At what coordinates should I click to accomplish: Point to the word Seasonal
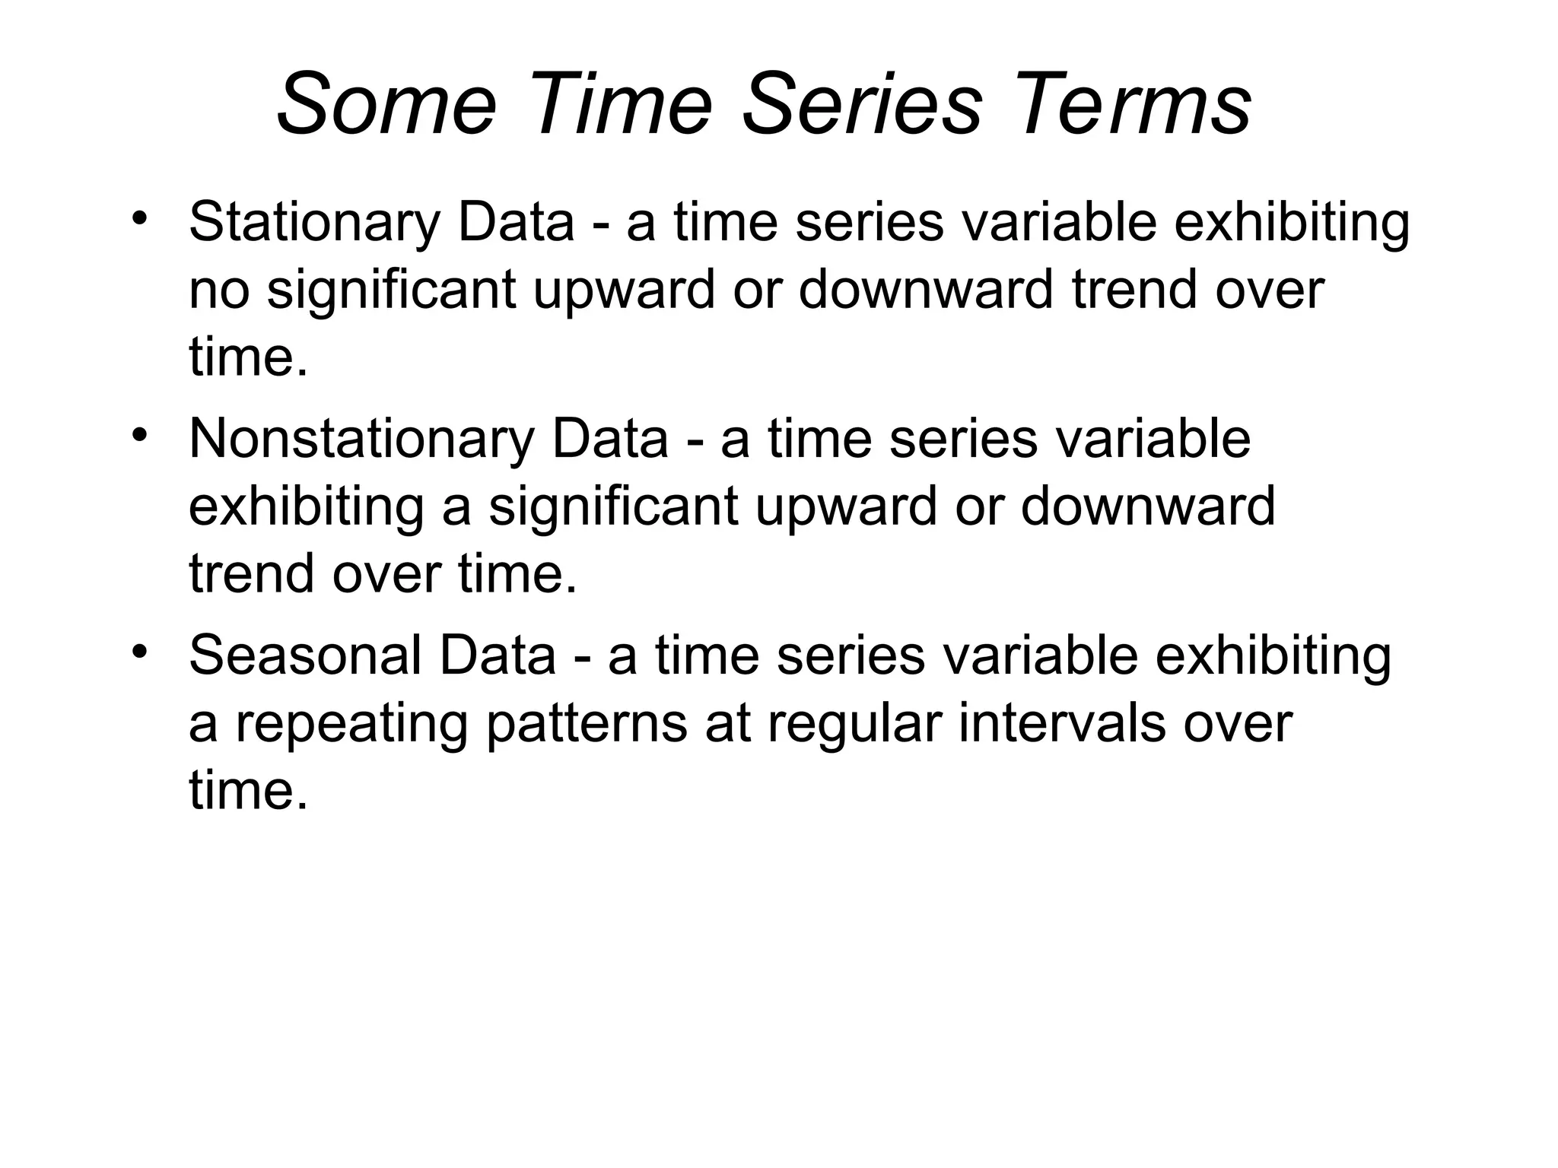click(x=304, y=655)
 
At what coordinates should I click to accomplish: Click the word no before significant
click(x=218, y=290)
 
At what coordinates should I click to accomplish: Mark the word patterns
click(x=587, y=723)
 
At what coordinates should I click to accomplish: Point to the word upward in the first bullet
click(x=624, y=290)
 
